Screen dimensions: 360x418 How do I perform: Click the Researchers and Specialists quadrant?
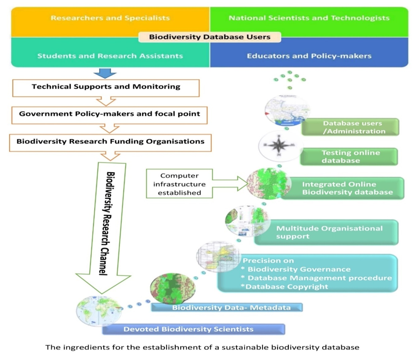tap(110, 18)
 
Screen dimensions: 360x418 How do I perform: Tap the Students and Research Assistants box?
tap(110, 56)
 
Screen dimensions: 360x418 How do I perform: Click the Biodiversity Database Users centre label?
tap(209, 36)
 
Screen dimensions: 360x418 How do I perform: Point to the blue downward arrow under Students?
tap(105, 73)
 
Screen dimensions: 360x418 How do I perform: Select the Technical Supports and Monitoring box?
tap(106, 87)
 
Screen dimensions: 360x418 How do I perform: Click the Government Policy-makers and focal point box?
tap(106, 114)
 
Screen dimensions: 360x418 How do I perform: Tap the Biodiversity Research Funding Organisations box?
tap(106, 142)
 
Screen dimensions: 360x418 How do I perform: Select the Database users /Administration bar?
tap(349, 127)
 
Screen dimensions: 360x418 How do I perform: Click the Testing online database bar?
tap(349, 156)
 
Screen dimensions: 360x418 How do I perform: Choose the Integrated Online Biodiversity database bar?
tap(346, 188)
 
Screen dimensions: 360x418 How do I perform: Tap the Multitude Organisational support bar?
tap(329, 232)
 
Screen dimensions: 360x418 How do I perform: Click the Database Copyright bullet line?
tap(285, 287)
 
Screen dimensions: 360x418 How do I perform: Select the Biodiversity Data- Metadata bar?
tap(231, 307)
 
